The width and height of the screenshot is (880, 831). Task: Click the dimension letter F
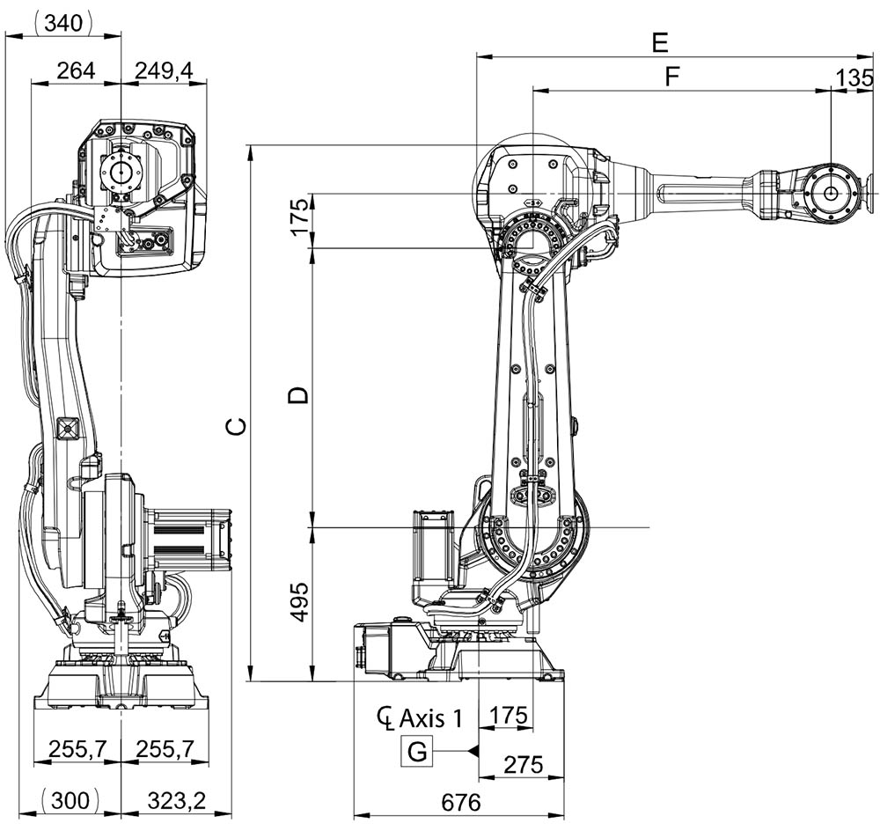click(672, 77)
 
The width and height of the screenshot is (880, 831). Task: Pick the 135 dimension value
click(855, 77)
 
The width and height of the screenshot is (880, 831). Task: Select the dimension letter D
click(300, 393)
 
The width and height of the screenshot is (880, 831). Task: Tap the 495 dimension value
click(300, 602)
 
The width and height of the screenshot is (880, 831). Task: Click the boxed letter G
click(417, 752)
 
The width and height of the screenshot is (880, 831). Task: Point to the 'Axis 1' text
click(430, 717)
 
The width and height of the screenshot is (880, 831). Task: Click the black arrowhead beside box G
click(473, 752)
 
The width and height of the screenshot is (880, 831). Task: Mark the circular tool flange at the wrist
click(832, 193)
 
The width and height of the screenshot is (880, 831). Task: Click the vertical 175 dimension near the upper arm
click(300, 217)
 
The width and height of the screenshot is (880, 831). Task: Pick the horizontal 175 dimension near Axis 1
click(506, 715)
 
